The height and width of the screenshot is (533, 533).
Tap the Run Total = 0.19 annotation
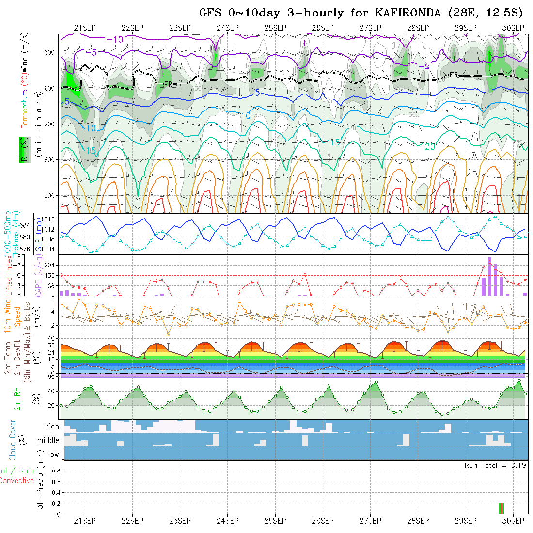[495, 465]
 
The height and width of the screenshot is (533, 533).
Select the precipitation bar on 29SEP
[502, 508]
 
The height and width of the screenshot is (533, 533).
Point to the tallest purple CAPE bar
[489, 276]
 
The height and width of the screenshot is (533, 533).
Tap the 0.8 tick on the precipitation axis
[55, 471]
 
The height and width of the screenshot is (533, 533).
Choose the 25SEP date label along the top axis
[275, 28]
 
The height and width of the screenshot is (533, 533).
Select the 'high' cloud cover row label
[52, 427]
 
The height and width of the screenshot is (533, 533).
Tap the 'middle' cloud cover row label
[48, 441]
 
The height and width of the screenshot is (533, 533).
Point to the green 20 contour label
[429, 147]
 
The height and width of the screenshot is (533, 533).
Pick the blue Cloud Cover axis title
[13, 440]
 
